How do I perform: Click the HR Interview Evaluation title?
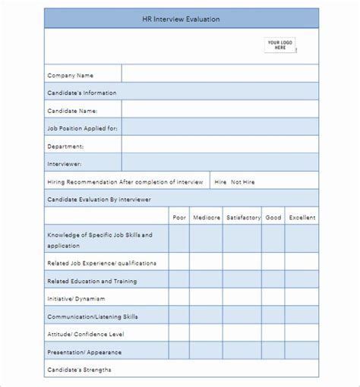tap(181, 20)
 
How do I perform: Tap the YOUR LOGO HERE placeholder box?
tap(280, 45)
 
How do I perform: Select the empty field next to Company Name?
tap(220, 74)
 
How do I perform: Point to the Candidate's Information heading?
tap(82, 92)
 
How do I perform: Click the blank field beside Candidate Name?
tap(220, 110)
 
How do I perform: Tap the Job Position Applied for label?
tap(83, 127)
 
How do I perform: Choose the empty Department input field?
tap(220, 145)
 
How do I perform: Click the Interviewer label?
tap(65, 162)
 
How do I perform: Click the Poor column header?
tap(179, 217)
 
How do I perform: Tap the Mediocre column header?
tap(206, 217)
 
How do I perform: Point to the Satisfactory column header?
tap(242, 217)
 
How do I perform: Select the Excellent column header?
tap(302, 217)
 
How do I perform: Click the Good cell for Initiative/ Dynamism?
tap(273, 298)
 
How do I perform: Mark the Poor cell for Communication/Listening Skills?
tap(179, 316)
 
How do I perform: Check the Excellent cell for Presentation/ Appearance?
tap(302, 351)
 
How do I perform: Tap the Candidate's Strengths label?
tap(79, 370)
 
